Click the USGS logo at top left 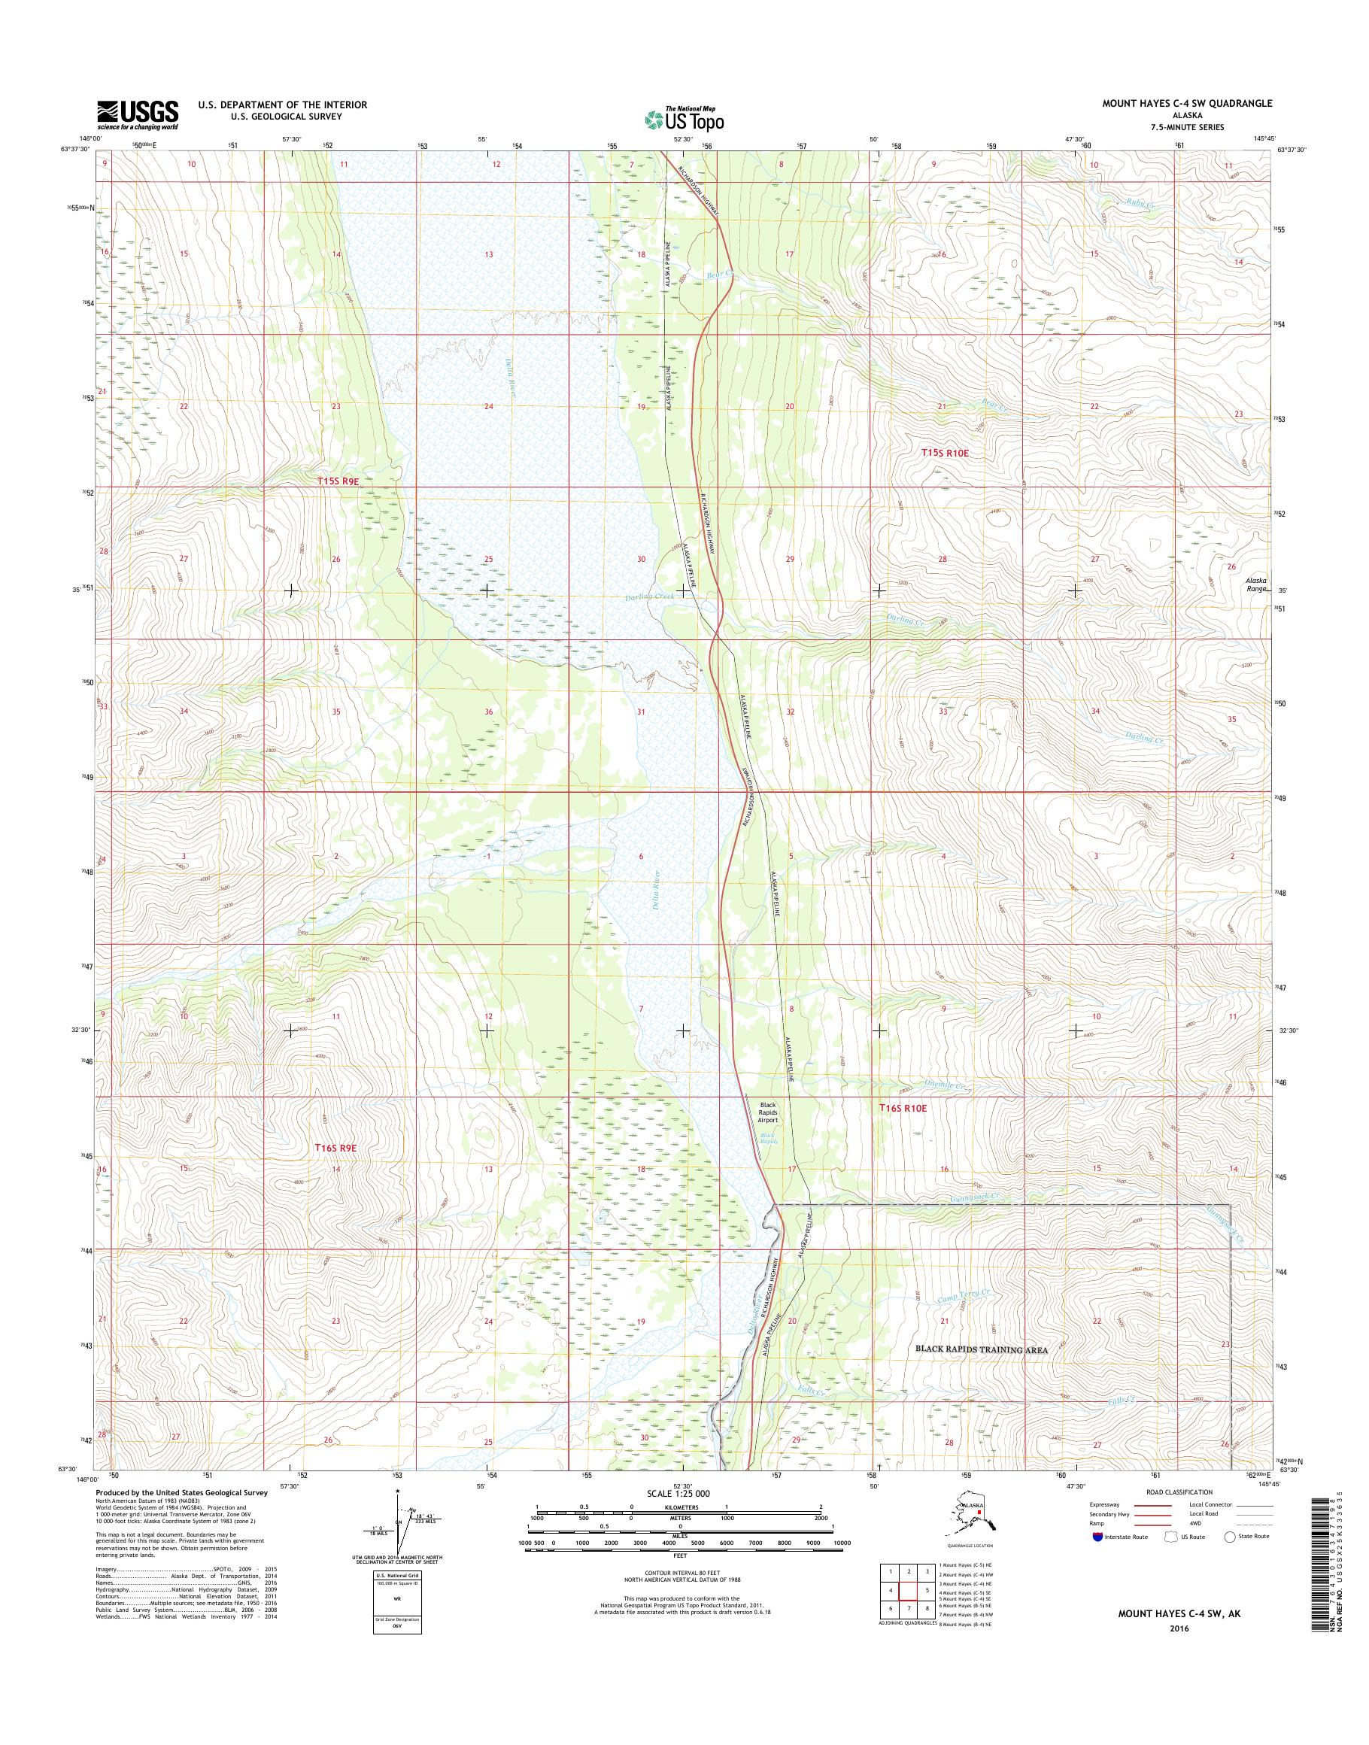click(138, 114)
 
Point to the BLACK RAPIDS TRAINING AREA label click(982, 1350)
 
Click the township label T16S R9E click(335, 1149)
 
